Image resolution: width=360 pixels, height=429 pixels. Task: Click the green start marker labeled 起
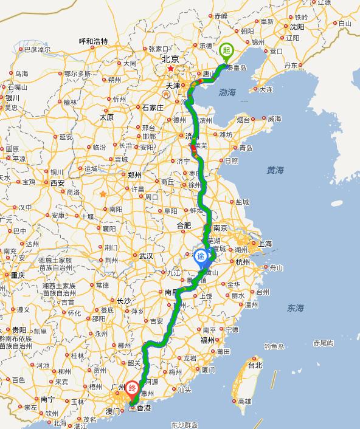226,50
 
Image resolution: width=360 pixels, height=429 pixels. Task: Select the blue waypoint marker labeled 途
201,257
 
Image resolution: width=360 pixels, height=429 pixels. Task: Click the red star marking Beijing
170,69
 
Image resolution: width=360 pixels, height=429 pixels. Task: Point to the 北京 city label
170,59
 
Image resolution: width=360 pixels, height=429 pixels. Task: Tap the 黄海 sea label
275,171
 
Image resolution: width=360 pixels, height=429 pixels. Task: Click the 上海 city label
265,243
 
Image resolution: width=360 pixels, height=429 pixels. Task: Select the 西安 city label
57,182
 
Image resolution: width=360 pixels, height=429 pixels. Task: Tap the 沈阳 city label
297,27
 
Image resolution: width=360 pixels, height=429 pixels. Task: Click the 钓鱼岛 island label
274,347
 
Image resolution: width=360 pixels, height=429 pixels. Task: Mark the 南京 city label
220,228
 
